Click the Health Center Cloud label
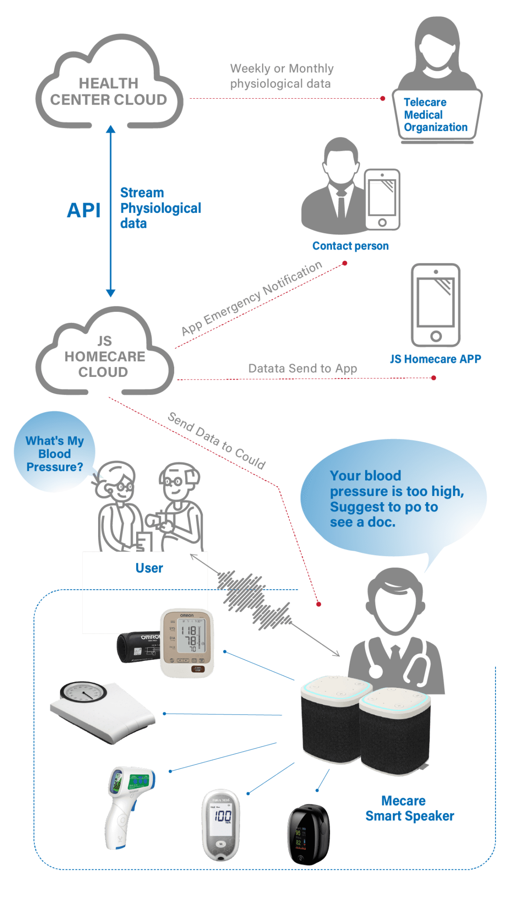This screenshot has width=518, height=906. tap(108, 92)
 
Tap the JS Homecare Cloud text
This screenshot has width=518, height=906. tap(105, 357)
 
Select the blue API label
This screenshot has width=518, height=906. tap(84, 210)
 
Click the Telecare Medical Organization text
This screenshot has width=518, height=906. tap(435, 115)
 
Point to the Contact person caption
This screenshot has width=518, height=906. tap(350, 246)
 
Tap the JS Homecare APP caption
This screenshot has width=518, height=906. tap(435, 359)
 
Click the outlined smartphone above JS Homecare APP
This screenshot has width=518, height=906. tap(436, 305)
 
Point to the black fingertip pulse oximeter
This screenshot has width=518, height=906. tap(309, 833)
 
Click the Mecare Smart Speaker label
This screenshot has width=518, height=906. tap(409, 808)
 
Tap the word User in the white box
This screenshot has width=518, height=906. tap(149, 568)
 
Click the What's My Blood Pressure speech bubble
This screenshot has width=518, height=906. tap(54, 453)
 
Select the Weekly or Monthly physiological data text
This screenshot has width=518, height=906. tap(282, 76)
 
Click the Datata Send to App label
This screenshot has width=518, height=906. tap(302, 369)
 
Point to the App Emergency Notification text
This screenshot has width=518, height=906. tap(251, 299)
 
